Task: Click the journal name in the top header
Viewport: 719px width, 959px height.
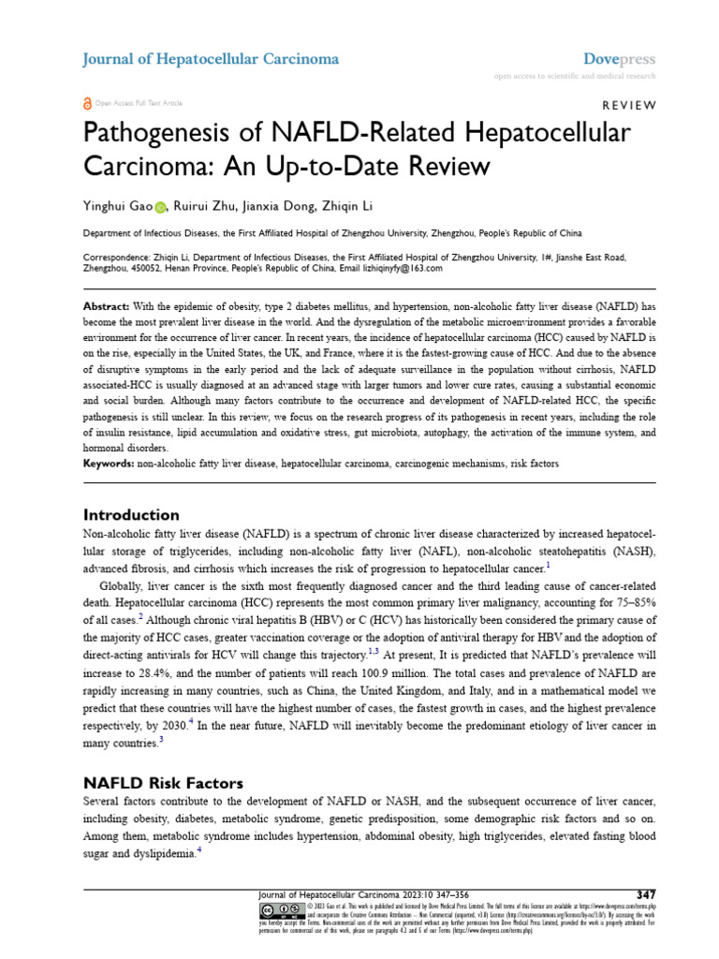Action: [211, 59]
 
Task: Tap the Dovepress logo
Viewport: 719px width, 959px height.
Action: [620, 59]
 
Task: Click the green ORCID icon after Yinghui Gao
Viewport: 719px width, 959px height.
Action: [160, 207]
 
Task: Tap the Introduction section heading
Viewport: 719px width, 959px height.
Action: [131, 514]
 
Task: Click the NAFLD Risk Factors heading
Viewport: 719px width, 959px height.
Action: [163, 783]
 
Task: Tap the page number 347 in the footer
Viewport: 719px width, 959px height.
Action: [645, 893]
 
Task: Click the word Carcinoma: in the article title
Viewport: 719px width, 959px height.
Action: [149, 168]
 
